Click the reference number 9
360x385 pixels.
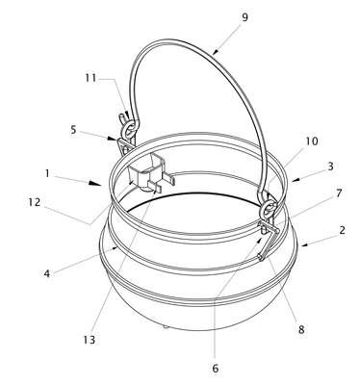tap(244, 17)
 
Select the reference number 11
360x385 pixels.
tap(90, 78)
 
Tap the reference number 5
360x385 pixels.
tap(73, 131)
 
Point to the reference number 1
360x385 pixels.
tap(47, 173)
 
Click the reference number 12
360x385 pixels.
tap(36, 202)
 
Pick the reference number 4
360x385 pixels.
tap(47, 274)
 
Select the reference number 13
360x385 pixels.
tap(90, 340)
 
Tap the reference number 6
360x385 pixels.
tap(216, 369)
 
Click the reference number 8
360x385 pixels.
tap(301, 329)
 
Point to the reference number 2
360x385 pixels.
tap(342, 230)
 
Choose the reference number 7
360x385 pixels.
tap(339, 193)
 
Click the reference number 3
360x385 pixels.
tap(330, 167)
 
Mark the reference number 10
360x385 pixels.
tap(312, 141)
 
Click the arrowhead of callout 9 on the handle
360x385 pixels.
tap(216, 51)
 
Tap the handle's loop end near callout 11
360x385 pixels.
tap(131, 128)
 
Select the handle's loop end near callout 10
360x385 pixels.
tap(269, 210)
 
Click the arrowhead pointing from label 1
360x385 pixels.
tap(93, 184)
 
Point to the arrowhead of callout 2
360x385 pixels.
tap(305, 245)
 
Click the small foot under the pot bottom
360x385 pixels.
tap(166, 327)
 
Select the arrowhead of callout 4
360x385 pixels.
tap(116, 247)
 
